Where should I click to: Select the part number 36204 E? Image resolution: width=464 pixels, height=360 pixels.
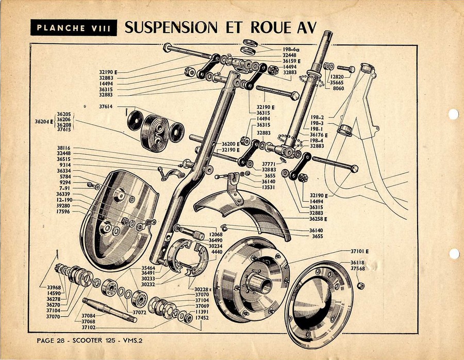pos(43,122)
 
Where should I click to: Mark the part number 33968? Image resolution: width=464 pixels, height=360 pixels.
pos(54,287)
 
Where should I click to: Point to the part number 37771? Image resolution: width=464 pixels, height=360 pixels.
pos(270,163)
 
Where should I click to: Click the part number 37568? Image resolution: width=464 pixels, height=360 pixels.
pos(357,268)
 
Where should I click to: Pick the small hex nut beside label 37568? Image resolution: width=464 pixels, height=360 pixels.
pos(360,285)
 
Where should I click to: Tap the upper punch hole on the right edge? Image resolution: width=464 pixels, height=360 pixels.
pos(454,114)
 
